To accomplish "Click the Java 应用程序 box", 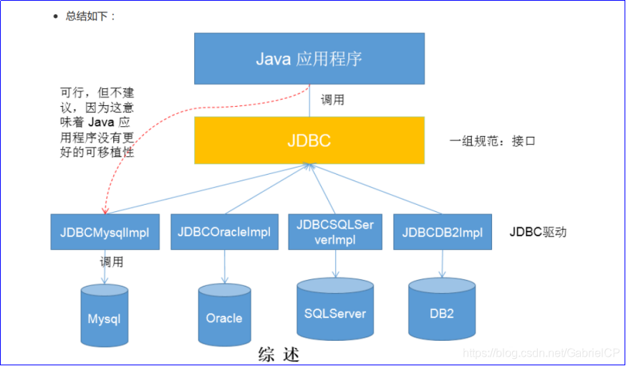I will pyautogui.click(x=309, y=58).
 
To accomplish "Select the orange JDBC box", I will pyautogui.click(x=309, y=140).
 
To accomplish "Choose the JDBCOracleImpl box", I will pyautogui.click(x=223, y=232).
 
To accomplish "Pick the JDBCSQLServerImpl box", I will pyautogui.click(x=335, y=231).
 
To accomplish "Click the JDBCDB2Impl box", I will pyautogui.click(x=442, y=232).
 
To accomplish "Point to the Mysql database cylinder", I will pyautogui.click(x=105, y=315).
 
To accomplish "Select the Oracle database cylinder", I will pyautogui.click(x=223, y=315).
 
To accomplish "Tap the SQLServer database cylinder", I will pyautogui.click(x=334, y=309).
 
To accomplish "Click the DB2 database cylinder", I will pyautogui.click(x=442, y=309).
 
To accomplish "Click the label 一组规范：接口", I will pyautogui.click(x=492, y=141).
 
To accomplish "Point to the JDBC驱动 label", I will pyautogui.click(x=538, y=232).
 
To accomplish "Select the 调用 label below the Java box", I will pyautogui.click(x=332, y=100).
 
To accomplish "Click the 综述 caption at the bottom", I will pyautogui.click(x=278, y=355).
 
